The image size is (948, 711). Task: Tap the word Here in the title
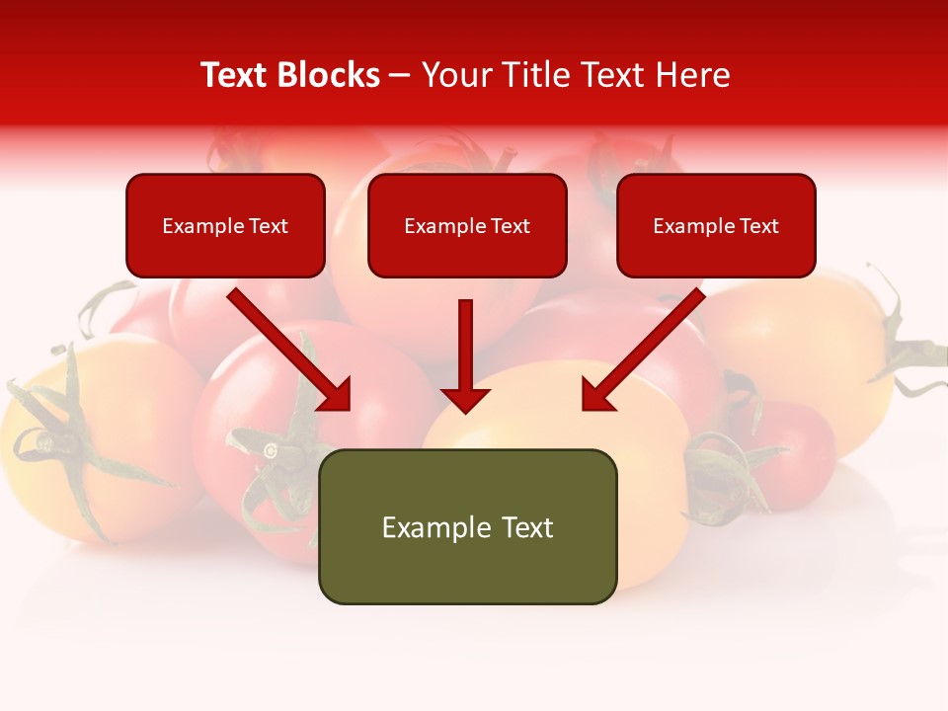pos(690,75)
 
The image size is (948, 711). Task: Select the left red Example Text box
pos(225,226)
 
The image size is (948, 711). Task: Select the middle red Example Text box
pos(467,226)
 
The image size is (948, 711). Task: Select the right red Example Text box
pos(716,226)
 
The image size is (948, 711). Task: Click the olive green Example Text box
pos(467,527)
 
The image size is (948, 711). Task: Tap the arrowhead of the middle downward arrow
pos(465,399)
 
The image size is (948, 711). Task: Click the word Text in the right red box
pos(758,226)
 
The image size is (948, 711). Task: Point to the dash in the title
pos(400,75)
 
